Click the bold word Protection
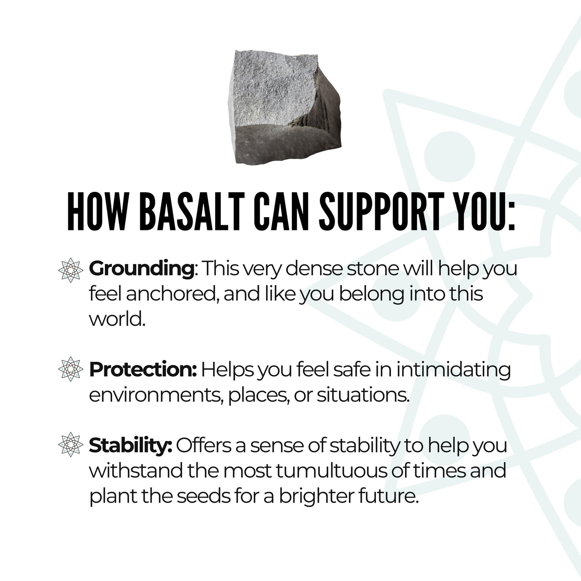pos(143,370)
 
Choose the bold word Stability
pos(131,446)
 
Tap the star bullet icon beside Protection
pos(71,369)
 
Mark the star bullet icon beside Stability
pos(71,445)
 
